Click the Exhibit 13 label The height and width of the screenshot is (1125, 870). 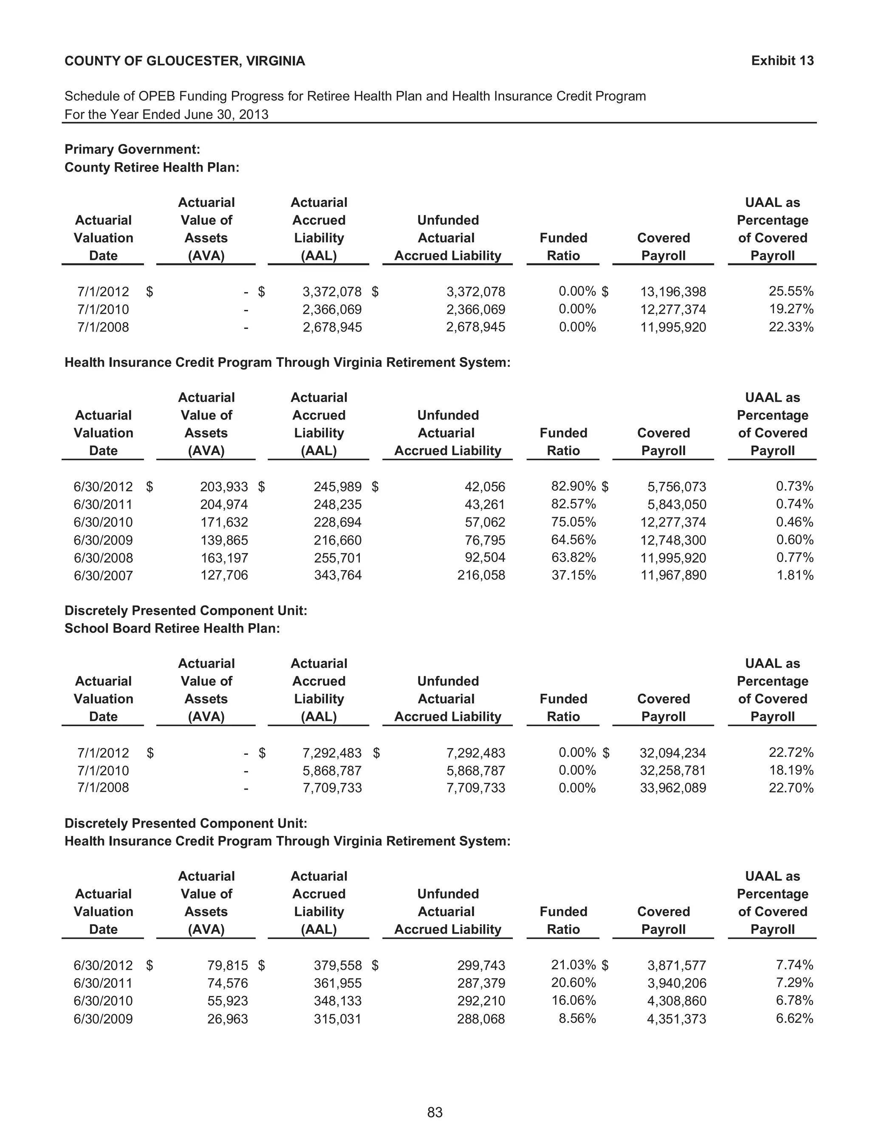(782, 61)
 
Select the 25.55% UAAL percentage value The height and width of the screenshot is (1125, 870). (791, 291)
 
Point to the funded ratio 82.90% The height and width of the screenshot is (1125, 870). (573, 486)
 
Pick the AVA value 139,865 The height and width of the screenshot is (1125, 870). (224, 540)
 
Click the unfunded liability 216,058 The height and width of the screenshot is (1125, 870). (481, 575)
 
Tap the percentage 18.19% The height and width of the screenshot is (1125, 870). (791, 770)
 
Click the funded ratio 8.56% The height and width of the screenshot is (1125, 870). (577, 1018)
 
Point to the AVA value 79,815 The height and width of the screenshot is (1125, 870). (227, 965)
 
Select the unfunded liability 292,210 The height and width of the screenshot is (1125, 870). (481, 1001)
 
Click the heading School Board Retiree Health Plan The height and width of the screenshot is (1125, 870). (172, 628)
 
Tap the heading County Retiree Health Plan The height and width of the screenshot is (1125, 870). (152, 167)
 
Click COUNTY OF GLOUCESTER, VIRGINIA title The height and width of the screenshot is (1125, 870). (184, 61)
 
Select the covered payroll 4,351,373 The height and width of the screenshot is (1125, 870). (676, 1019)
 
